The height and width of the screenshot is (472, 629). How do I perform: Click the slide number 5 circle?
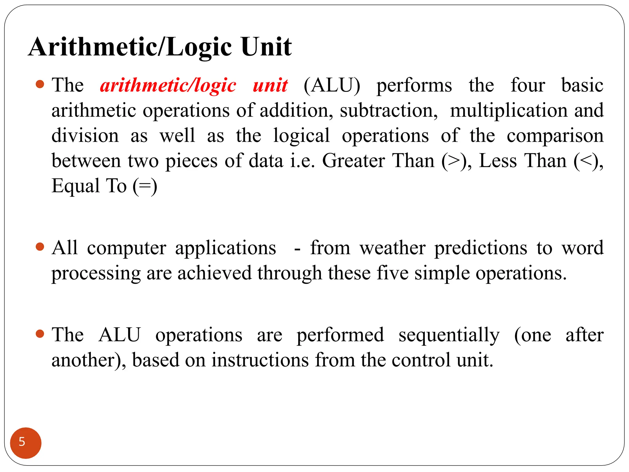(x=25, y=443)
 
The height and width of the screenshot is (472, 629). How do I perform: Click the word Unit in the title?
(x=266, y=47)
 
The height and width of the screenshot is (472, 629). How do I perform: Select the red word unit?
(x=270, y=85)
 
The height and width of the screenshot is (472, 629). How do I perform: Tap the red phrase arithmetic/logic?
(x=168, y=86)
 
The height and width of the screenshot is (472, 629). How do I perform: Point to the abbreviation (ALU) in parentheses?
(x=332, y=85)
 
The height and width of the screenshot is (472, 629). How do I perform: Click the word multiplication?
(x=509, y=111)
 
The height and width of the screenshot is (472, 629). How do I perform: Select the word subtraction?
(x=389, y=111)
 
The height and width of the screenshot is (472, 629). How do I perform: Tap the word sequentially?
(x=449, y=335)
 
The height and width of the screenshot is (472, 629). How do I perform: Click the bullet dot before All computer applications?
(x=40, y=247)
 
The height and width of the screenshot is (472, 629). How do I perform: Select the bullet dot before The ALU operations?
(x=40, y=334)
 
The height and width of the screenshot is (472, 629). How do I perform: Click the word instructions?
(x=260, y=360)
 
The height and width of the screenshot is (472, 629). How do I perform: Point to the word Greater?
(x=353, y=161)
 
